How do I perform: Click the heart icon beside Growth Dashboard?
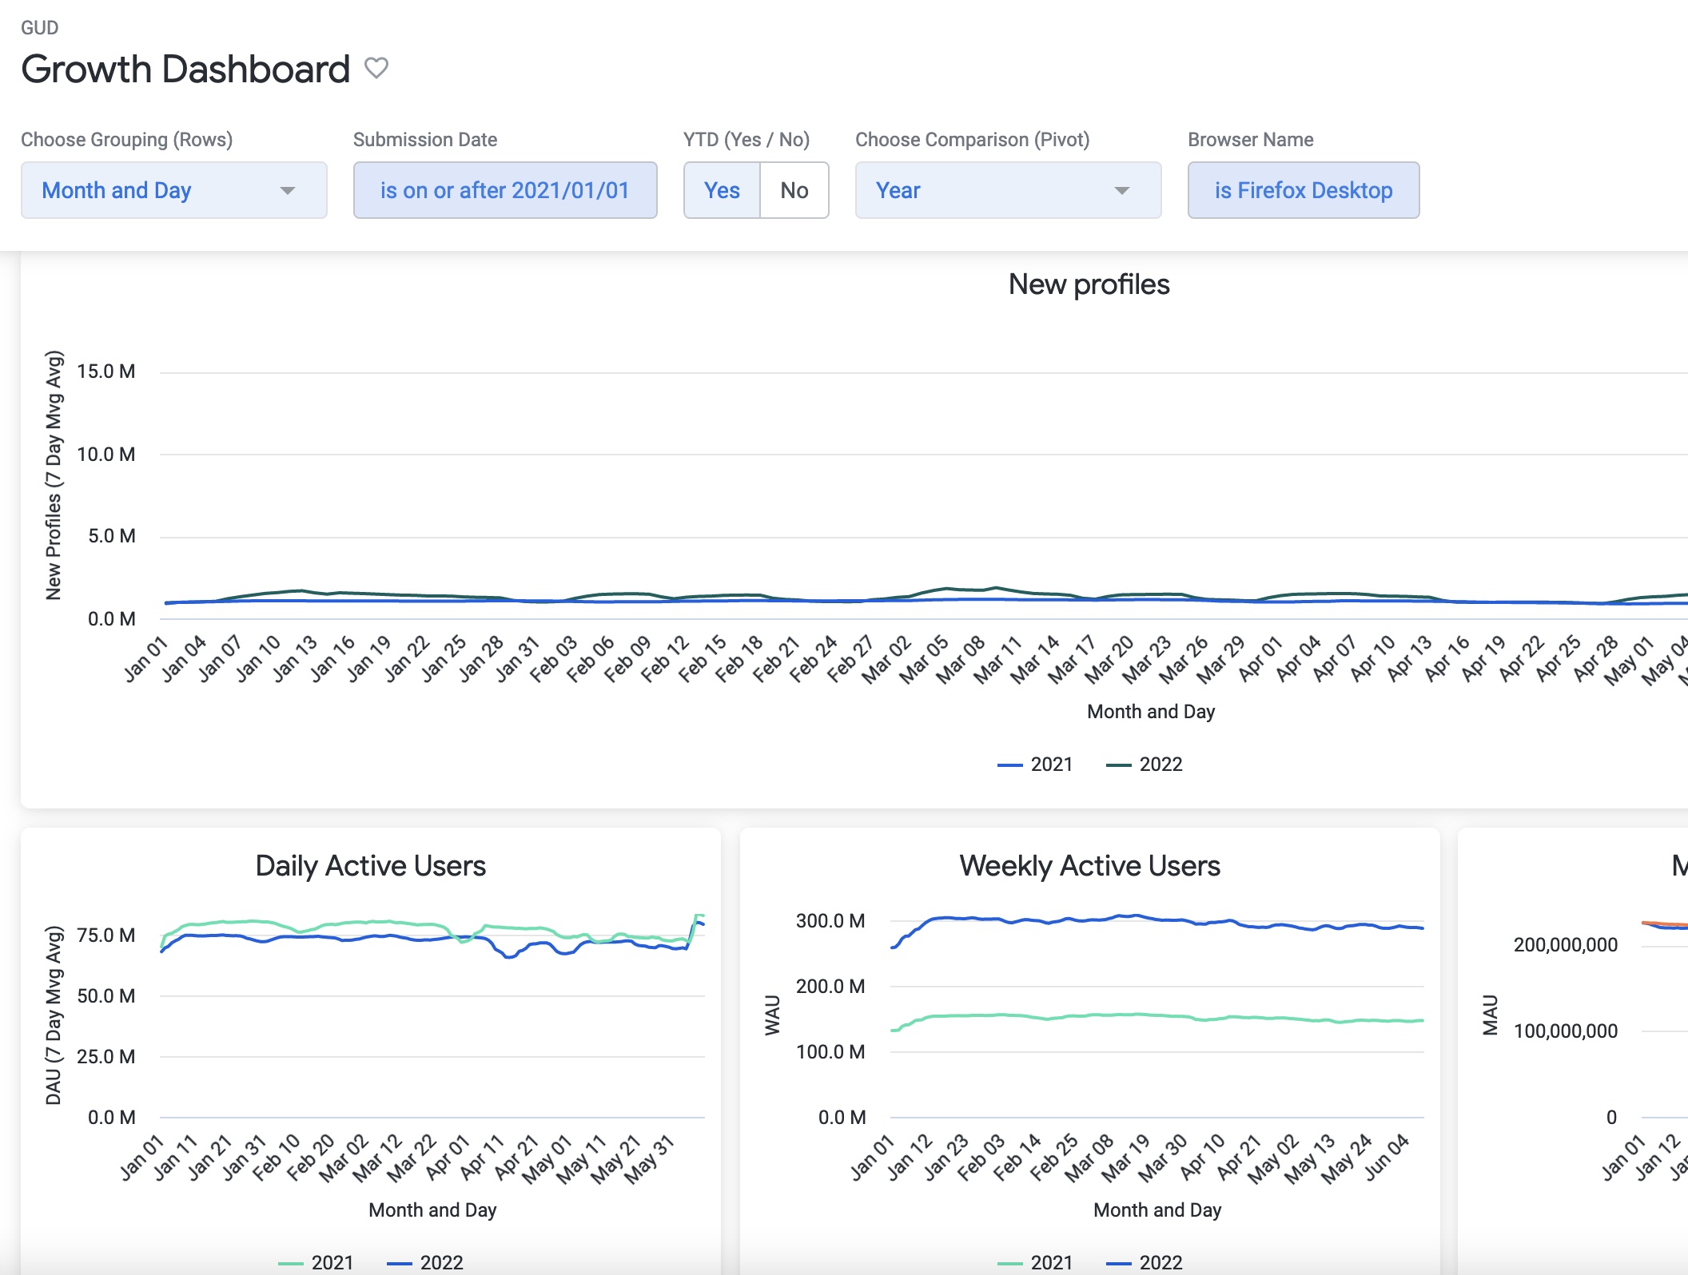click(376, 69)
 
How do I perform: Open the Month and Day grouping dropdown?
click(173, 190)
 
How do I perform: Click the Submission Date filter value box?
click(505, 190)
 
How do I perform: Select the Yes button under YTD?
click(722, 190)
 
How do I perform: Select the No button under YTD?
click(794, 190)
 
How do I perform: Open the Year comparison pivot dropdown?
click(1007, 190)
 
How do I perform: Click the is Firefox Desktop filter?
click(1304, 190)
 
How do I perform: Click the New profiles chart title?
click(1089, 284)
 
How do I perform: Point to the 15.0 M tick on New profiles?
click(105, 371)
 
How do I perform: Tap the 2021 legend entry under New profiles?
click(1035, 765)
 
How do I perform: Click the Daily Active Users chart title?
click(370, 866)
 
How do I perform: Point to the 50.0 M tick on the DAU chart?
click(105, 996)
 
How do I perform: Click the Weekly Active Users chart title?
click(1089, 866)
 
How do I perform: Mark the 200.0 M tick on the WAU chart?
click(830, 987)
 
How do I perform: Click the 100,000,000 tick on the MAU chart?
click(1565, 1031)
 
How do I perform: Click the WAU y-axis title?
click(772, 1015)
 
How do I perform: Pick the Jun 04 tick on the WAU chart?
click(1386, 1158)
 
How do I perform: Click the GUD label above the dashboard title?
click(39, 28)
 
